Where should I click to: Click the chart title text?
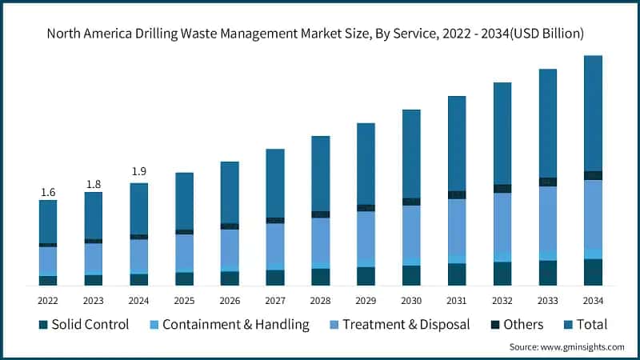(320, 33)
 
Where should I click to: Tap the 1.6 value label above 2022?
(48, 192)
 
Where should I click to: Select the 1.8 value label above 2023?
(94, 184)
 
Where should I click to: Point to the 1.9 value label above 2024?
(139, 171)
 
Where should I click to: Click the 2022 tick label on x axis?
(48, 300)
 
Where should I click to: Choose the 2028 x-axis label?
(320, 300)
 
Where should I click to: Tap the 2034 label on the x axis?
(593, 300)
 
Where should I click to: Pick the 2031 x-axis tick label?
(457, 300)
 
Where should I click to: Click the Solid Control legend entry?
(84, 325)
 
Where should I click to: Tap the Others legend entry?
(513, 325)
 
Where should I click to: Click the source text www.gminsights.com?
(567, 346)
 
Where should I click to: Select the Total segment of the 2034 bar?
(593, 113)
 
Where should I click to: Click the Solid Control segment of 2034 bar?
(593, 272)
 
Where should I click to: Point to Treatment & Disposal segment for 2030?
(411, 232)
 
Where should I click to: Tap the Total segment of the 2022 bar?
(48, 221)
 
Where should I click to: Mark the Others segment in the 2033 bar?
(548, 182)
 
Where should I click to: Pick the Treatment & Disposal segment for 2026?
(230, 246)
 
